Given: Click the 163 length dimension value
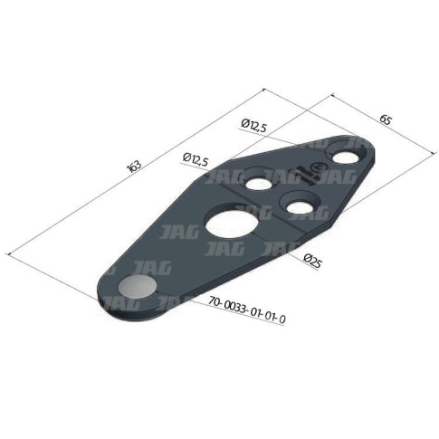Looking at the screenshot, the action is click(x=135, y=167).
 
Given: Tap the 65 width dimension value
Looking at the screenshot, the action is click(x=386, y=120).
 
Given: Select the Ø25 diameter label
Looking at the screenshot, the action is click(x=312, y=262).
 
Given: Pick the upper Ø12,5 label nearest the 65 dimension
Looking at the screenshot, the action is click(x=253, y=126).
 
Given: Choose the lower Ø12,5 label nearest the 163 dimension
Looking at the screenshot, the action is click(x=196, y=159).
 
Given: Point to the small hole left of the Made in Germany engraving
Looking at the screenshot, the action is click(x=258, y=183).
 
